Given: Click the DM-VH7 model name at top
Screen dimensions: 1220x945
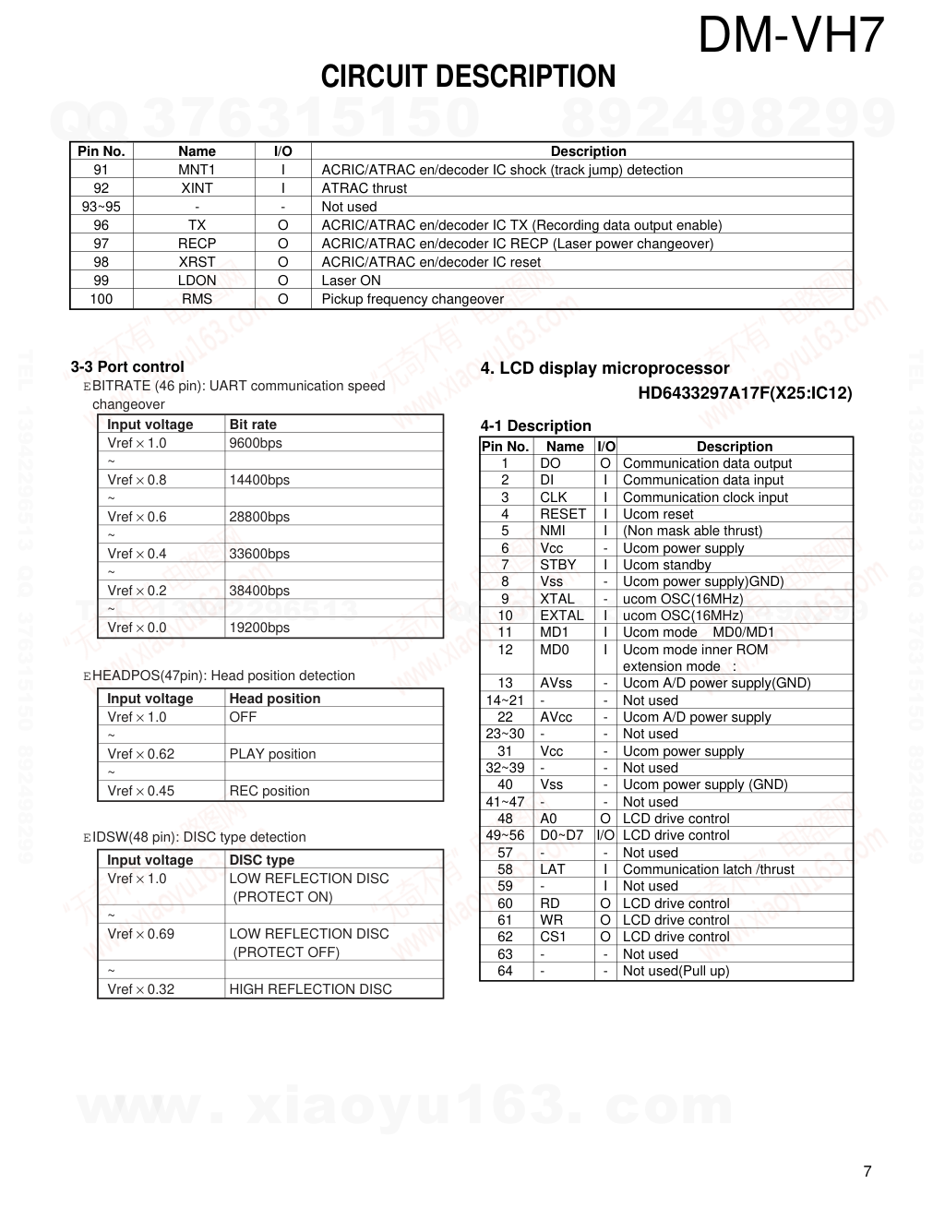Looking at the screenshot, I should point(791,37).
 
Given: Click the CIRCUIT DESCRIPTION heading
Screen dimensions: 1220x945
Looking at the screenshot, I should point(468,77).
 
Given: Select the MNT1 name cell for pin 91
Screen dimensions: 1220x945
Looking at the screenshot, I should point(197,170).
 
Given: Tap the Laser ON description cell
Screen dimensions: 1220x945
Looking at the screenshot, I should point(351,281).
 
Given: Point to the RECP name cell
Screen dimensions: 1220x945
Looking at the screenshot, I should point(197,244).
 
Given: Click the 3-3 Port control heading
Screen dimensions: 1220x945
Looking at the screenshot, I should point(127,366).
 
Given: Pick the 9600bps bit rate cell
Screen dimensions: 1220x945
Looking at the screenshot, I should point(256,443).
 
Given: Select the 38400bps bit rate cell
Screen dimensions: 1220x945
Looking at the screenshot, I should point(259,591).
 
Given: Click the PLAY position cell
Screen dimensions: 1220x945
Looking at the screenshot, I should point(272,754).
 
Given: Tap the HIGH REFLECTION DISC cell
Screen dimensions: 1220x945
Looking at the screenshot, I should point(310,989).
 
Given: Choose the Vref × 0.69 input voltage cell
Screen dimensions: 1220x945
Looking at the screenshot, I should point(140,934).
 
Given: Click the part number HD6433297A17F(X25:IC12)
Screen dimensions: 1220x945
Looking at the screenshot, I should point(745,394).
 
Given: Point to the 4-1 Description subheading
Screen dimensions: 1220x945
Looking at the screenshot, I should point(535,425).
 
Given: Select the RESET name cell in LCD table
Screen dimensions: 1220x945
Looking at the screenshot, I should point(563,514).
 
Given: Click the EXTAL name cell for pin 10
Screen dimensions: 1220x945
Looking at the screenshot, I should point(562,616).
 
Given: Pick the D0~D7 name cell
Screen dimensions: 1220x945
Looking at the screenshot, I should point(562,835).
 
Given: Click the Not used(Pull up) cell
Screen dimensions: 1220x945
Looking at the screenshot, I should point(676,971).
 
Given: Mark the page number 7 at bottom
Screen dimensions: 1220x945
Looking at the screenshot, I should point(867,1172).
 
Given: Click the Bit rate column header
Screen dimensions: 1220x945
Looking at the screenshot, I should point(253,425).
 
